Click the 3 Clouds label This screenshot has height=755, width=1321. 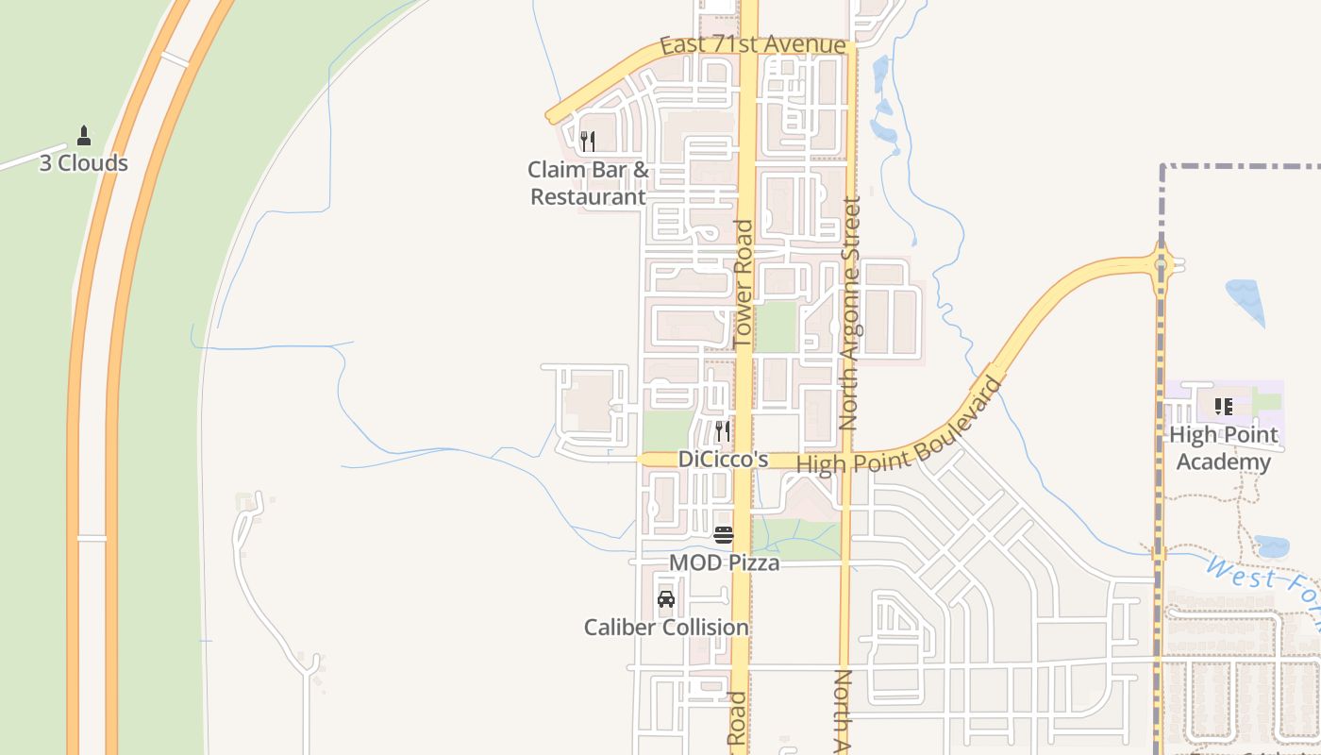(83, 163)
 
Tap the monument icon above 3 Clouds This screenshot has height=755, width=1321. (84, 136)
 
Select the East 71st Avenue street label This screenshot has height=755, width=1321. (752, 45)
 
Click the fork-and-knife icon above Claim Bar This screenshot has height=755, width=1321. (587, 142)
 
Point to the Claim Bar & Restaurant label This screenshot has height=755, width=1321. (588, 183)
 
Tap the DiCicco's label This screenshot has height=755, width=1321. (723, 460)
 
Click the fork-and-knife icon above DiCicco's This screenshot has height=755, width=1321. (722, 431)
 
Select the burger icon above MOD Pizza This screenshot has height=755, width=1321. (724, 535)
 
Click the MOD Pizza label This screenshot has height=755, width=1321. (724, 563)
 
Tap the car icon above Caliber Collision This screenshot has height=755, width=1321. (666, 599)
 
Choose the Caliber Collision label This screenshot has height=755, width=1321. (666, 628)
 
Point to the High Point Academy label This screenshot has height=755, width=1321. (1223, 448)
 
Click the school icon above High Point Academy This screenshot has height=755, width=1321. (1224, 407)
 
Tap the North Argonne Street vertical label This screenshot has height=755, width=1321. (849, 311)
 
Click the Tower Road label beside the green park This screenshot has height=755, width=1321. (744, 283)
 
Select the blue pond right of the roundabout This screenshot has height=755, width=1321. (1246, 301)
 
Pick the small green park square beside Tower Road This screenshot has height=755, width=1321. (776, 327)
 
